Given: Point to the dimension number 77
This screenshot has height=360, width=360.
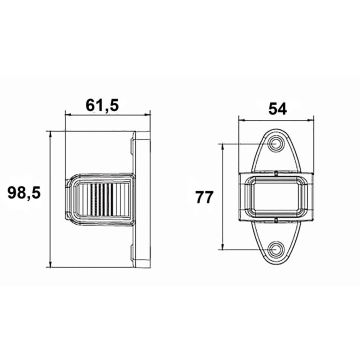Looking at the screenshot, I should point(204,197).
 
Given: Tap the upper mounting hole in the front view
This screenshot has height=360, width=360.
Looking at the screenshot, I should point(274,146).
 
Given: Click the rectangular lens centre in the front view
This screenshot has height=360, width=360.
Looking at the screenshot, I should point(274,196).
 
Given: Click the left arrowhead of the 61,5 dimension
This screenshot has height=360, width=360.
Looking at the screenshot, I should point(66,116).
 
